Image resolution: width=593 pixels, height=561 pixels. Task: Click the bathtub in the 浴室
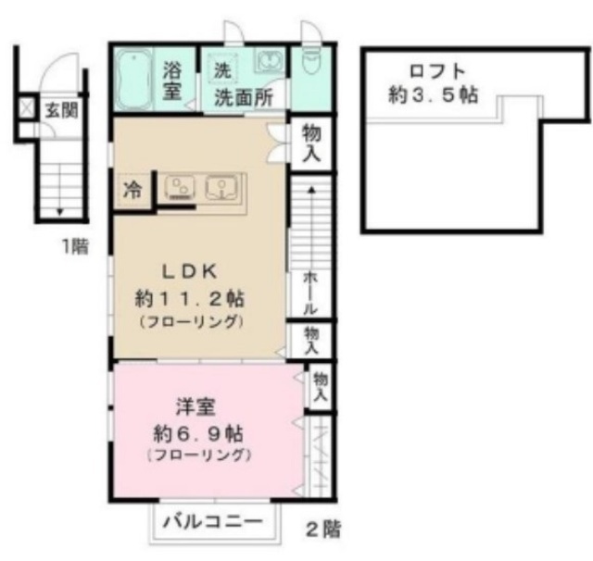coord(132,80)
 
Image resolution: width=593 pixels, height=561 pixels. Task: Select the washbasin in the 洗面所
coord(269,59)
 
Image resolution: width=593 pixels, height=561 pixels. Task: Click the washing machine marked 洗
coord(222,69)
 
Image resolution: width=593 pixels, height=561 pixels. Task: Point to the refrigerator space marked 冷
coord(132,190)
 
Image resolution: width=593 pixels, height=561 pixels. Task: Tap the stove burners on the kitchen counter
coord(179,188)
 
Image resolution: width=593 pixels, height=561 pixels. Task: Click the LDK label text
coord(190,272)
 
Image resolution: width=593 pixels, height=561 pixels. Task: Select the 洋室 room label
coord(196,407)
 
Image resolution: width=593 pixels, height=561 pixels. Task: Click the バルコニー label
coord(212,522)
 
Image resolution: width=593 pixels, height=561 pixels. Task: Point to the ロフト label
coord(437,71)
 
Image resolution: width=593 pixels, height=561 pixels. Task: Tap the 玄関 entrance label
coord(62,110)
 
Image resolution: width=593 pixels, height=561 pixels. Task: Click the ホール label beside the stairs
coord(310,293)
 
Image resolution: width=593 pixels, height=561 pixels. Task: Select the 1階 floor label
coord(75,246)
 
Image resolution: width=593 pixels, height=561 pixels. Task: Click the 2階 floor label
coord(323,529)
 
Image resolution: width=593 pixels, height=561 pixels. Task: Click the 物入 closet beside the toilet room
coord(311,143)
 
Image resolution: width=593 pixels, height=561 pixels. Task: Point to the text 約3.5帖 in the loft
coord(434,94)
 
